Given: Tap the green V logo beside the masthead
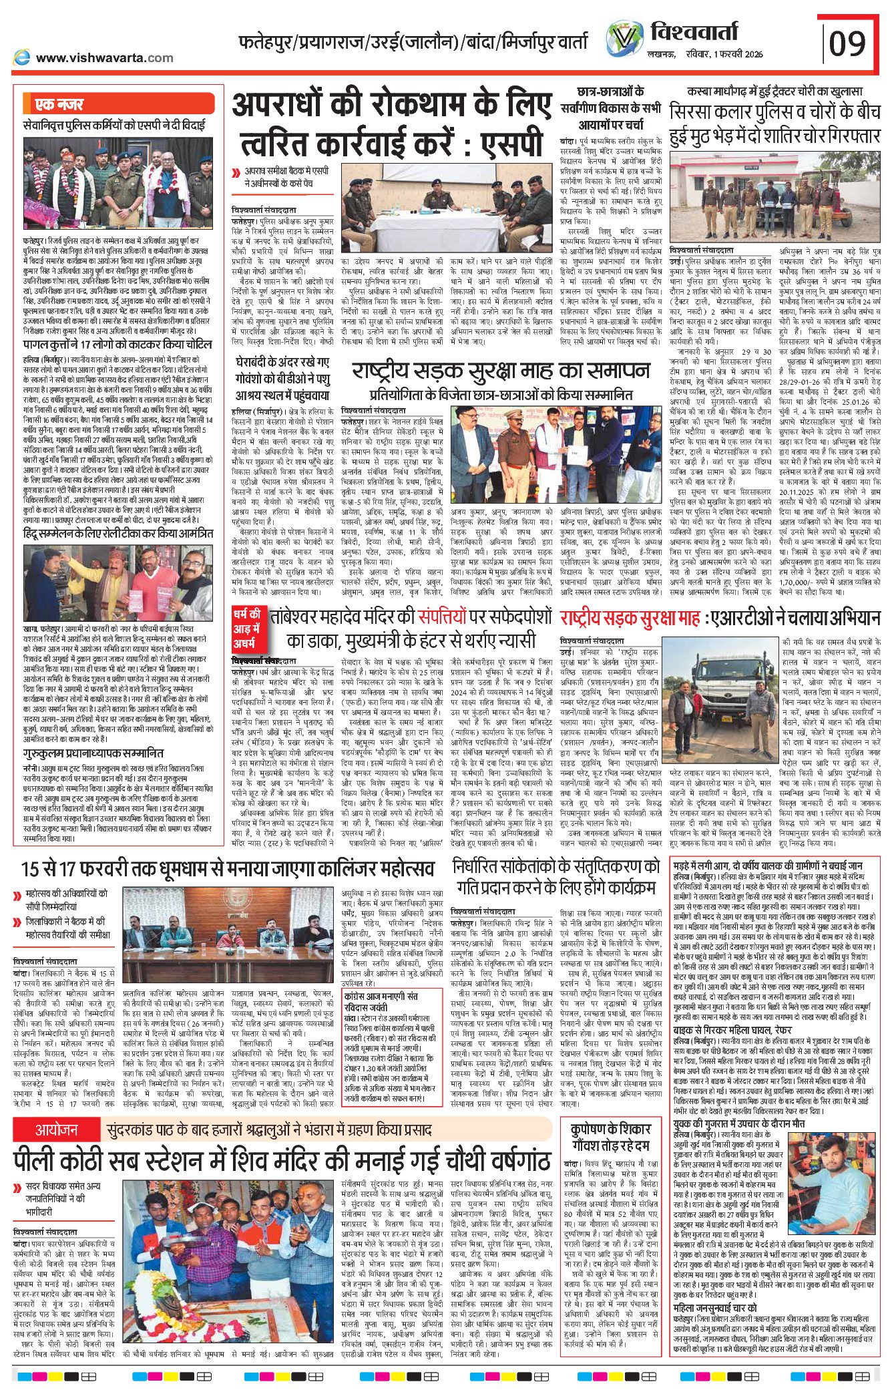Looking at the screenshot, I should pos(624,38).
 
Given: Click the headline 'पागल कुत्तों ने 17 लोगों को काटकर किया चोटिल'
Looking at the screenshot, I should pos(118,344).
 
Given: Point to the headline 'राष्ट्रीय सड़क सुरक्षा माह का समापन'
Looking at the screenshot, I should pos(501,371).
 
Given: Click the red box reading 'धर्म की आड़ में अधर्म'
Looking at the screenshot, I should pos(247,629).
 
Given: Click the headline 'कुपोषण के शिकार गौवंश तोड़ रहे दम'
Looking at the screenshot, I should pos(610,1140).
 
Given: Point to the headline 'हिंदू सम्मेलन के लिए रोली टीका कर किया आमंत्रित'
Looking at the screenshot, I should pos(118,534).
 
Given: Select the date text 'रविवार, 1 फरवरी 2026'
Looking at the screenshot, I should pos(724,54).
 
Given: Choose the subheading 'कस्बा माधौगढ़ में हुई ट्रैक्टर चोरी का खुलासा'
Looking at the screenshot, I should pos(774,92).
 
